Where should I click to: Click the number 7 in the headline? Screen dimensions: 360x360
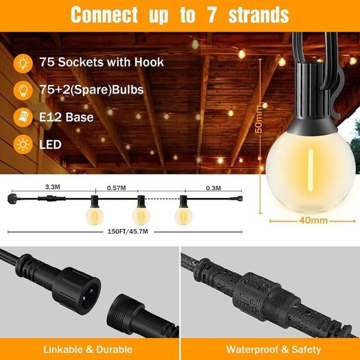(213, 15)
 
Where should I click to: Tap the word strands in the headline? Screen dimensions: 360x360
(259, 15)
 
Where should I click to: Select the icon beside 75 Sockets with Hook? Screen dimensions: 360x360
(23, 63)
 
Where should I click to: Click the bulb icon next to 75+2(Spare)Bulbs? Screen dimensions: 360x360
(23, 91)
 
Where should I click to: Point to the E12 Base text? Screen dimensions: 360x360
(67, 117)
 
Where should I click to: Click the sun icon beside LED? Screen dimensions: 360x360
(23, 144)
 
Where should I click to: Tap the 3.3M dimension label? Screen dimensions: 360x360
(53, 187)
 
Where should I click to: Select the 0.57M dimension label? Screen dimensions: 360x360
(117, 188)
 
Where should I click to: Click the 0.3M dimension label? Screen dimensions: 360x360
(213, 189)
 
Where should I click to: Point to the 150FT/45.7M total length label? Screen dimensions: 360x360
(128, 232)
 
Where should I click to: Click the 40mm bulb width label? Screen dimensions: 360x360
(313, 220)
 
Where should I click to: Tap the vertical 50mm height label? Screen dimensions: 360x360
(259, 119)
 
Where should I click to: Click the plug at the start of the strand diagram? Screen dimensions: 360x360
(12, 197)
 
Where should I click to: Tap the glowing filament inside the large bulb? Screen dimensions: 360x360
(311, 170)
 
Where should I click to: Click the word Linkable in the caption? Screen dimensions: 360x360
(63, 350)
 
